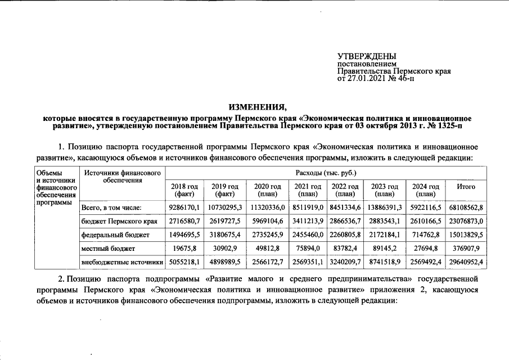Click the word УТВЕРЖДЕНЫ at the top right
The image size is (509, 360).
point(366,56)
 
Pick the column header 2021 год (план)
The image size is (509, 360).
point(307,190)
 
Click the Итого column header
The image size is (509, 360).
point(466,187)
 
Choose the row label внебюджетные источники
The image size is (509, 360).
point(122,262)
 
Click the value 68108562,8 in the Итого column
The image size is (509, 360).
point(466,208)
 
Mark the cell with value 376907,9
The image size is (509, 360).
point(466,248)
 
